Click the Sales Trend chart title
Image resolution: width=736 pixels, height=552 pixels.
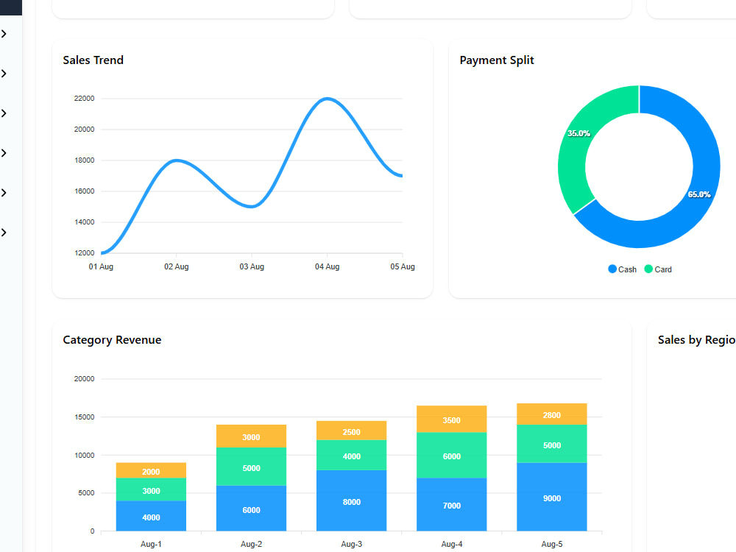(93, 60)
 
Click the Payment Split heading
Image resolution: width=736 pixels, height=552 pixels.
(497, 60)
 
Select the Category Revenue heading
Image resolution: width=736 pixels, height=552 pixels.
(112, 340)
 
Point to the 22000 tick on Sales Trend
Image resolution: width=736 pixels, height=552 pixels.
(84, 99)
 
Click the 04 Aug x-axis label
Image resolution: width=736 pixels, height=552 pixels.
(328, 266)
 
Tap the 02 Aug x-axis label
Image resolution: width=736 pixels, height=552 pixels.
(177, 266)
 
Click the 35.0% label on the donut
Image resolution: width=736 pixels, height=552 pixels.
(578, 133)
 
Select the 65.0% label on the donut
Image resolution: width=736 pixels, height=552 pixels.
(699, 194)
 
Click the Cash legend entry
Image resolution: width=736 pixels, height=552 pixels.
(623, 269)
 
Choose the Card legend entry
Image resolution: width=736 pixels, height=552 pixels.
(658, 269)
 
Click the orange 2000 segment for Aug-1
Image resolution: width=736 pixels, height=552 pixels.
(151, 470)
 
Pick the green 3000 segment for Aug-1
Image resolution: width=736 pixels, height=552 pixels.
(151, 489)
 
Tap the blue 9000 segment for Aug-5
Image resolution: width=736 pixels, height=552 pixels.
(552, 497)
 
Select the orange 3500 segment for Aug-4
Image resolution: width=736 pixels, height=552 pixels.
(452, 420)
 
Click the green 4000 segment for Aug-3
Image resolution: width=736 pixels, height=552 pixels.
(352, 456)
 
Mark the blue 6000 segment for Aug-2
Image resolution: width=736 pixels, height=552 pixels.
(251, 509)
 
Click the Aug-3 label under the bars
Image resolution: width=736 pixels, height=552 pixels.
(352, 544)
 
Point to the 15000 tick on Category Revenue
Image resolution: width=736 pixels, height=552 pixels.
(84, 417)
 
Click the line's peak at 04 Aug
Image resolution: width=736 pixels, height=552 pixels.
(328, 99)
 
